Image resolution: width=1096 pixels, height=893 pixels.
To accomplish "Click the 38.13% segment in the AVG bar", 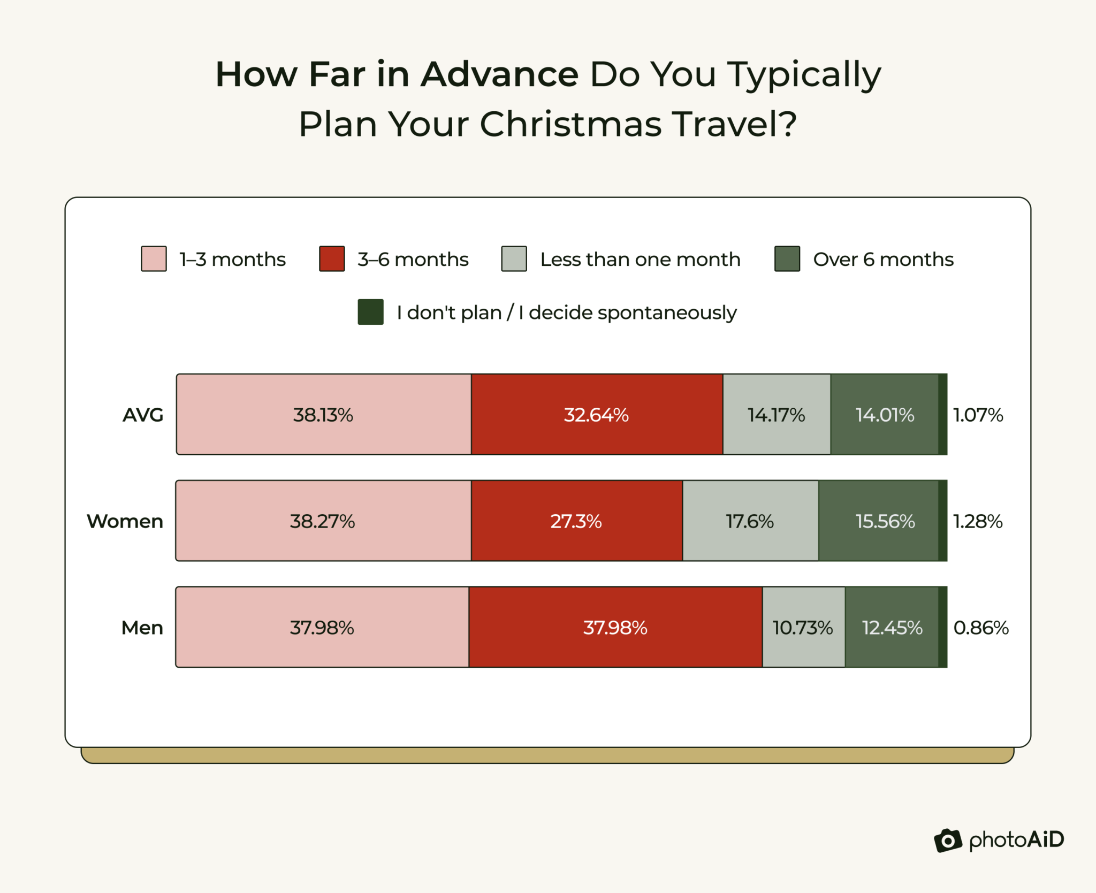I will (x=324, y=415).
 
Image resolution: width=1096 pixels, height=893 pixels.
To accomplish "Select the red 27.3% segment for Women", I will (x=576, y=521).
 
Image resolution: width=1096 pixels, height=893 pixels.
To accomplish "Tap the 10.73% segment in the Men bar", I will (x=803, y=628).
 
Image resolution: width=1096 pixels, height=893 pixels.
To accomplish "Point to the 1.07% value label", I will (x=978, y=415).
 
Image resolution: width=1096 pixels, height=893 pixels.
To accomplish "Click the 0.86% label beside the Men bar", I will (x=980, y=628).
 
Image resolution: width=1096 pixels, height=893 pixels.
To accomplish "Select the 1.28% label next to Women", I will (x=978, y=521).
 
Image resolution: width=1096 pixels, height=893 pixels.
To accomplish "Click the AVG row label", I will (x=143, y=415).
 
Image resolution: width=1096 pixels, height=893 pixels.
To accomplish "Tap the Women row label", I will (x=125, y=521).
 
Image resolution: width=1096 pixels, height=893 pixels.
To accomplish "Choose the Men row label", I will (x=142, y=628).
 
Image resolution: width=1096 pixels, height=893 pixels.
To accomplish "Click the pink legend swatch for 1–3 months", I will (x=154, y=259).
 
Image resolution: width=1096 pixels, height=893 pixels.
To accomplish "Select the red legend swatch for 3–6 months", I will (x=332, y=259).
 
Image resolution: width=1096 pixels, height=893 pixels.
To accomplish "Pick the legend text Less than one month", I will (x=640, y=259).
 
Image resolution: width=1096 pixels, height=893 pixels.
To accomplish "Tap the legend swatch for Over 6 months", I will (x=787, y=259).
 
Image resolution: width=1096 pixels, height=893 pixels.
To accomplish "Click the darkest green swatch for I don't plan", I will (x=370, y=312).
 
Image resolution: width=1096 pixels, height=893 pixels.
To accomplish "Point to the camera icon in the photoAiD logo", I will (x=948, y=841).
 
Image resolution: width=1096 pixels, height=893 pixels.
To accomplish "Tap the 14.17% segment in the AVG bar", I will (x=777, y=415).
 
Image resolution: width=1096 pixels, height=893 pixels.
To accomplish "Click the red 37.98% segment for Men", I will (x=615, y=628).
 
